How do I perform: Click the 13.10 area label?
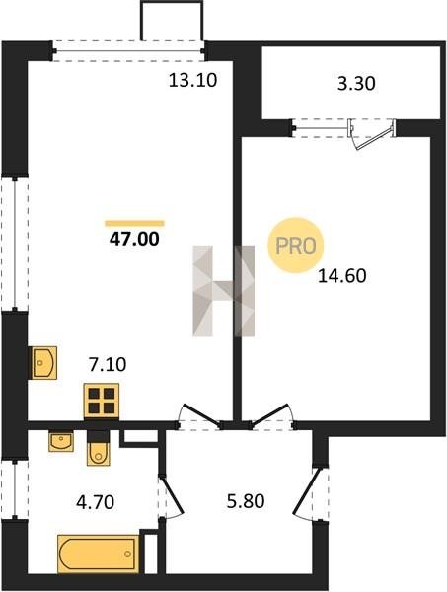[x=192, y=81]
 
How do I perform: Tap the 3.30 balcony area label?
[x=356, y=84]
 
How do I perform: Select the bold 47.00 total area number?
[x=134, y=239]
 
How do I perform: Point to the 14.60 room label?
[x=342, y=276]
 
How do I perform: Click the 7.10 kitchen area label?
[x=108, y=365]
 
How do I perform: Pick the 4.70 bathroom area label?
[x=95, y=502]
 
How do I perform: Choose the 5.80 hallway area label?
[x=246, y=502]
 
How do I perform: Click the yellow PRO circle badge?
[x=296, y=246]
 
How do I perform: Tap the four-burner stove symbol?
[x=102, y=401]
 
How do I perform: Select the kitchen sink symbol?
[x=43, y=363]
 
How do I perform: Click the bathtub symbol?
[x=98, y=555]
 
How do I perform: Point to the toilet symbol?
[x=98, y=449]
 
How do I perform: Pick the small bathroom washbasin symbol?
[x=61, y=442]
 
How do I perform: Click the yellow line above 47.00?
[x=134, y=224]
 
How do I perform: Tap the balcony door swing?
[x=372, y=135]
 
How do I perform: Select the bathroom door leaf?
[x=172, y=494]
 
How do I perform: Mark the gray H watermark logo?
[x=224, y=291]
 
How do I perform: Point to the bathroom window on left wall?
[x=15, y=489]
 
